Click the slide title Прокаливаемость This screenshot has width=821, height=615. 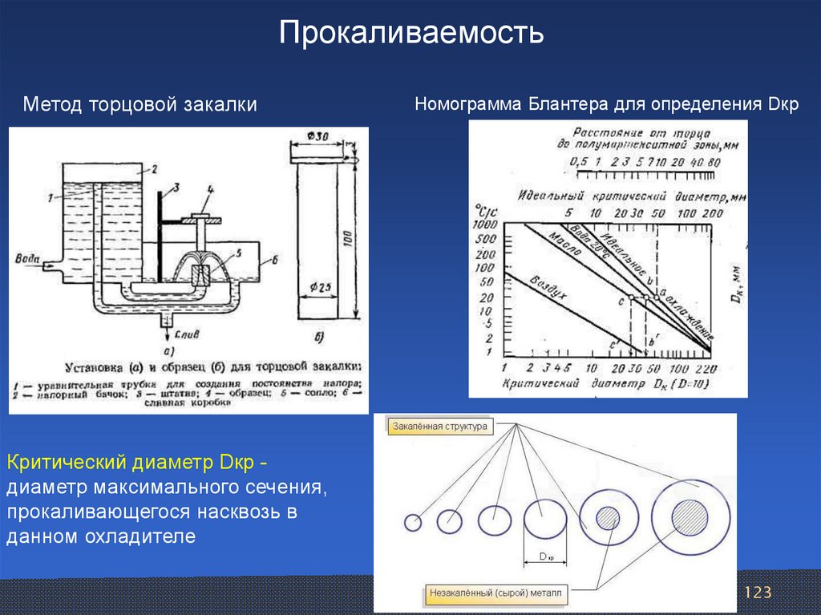click(411, 34)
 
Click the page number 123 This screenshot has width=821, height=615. click(757, 593)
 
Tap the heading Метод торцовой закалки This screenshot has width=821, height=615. click(140, 105)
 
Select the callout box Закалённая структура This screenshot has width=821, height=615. click(439, 427)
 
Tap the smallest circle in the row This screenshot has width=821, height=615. click(413, 523)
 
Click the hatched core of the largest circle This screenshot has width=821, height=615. click(689, 518)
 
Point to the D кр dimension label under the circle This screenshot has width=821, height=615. click(547, 556)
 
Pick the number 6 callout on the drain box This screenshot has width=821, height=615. click(273, 260)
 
